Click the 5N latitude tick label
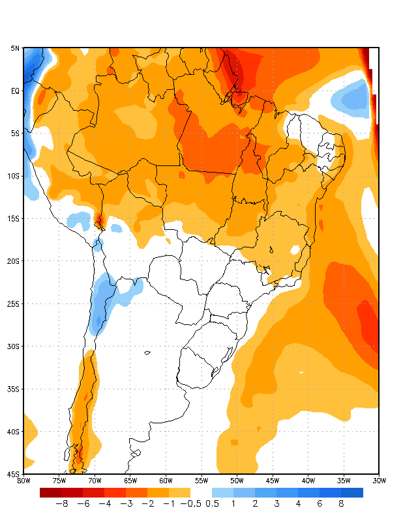coord(15,48)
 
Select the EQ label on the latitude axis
coord(15,91)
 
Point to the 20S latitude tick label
coord(14,261)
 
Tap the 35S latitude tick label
coord(14,389)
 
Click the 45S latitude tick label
coord(14,474)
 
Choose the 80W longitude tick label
coord(23,481)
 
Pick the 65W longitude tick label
coord(130,481)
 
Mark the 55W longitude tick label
coord(201,481)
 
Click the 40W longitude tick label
coord(308,481)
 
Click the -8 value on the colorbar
coord(62,503)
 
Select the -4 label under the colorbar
coord(105,503)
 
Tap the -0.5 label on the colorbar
coord(190,503)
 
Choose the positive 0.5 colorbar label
coord(212,503)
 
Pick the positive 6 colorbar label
coord(320,503)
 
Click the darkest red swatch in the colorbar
coord(51,492)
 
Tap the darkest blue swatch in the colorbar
coord(352,492)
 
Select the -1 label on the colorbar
coord(169,503)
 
